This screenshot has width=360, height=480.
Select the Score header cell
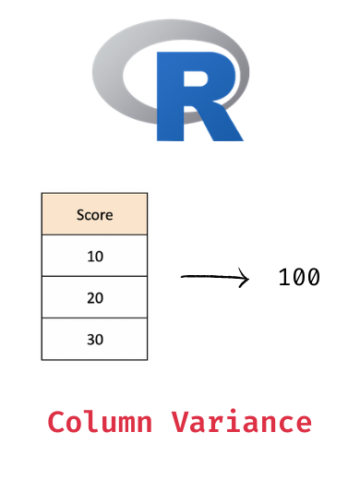click(x=95, y=214)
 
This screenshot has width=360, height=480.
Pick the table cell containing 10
click(x=95, y=256)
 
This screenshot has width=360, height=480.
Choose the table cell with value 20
click(x=95, y=297)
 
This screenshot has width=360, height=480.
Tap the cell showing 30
click(x=95, y=339)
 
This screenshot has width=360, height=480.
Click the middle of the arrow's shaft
click(x=212, y=279)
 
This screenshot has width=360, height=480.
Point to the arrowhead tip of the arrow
click(x=248, y=279)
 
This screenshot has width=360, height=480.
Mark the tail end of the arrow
click(x=181, y=279)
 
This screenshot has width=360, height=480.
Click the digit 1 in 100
click(x=284, y=277)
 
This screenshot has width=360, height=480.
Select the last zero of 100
click(x=313, y=277)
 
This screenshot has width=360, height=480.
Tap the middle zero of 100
click(x=299, y=277)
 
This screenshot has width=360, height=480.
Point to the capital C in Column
click(x=56, y=421)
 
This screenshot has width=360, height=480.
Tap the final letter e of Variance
click(x=303, y=423)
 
